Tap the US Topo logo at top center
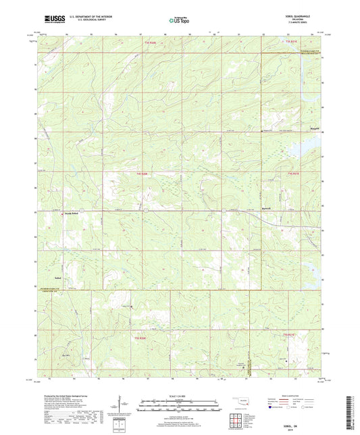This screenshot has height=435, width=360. tap(179, 20)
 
